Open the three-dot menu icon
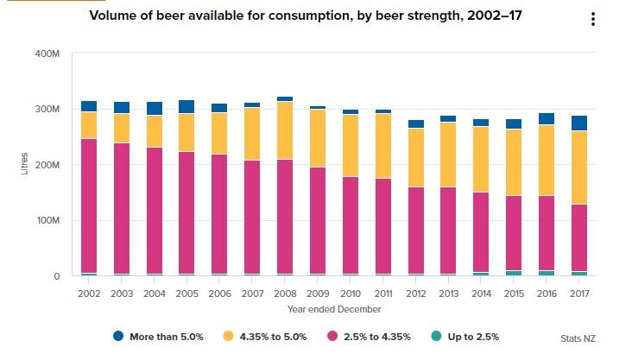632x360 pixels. (592, 20)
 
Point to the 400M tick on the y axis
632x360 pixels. (47, 54)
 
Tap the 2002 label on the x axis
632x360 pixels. (89, 294)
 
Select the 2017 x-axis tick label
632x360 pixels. (578, 294)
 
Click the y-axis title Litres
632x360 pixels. (24, 164)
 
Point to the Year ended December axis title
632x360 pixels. (334, 309)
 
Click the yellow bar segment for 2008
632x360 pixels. (285, 130)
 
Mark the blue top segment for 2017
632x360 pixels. (578, 123)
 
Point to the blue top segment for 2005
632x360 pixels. (186, 107)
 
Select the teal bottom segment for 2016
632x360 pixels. (546, 273)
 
